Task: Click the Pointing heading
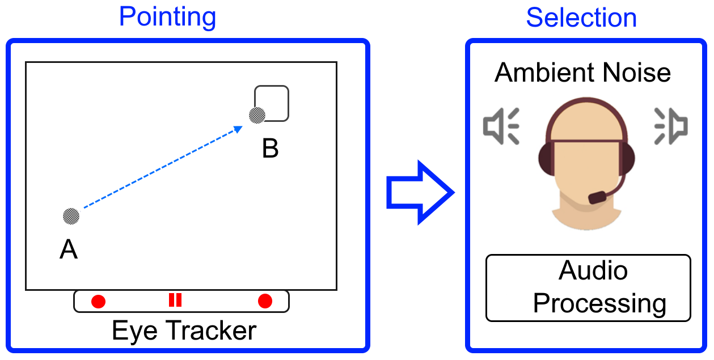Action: tap(167, 17)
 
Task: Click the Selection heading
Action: tap(581, 18)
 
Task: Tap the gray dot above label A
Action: tap(71, 215)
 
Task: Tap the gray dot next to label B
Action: tap(257, 115)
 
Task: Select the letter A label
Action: tap(69, 249)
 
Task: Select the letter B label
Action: tap(271, 149)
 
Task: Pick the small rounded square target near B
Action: tap(273, 103)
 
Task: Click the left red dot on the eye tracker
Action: tap(99, 301)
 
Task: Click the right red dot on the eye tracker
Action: tap(265, 301)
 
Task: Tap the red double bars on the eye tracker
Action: tap(175, 300)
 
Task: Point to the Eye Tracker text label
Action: tap(184, 331)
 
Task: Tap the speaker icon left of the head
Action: tap(501, 126)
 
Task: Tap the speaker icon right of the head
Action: tap(671, 126)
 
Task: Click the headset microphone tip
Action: tap(598, 197)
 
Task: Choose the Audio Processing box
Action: tap(588, 288)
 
